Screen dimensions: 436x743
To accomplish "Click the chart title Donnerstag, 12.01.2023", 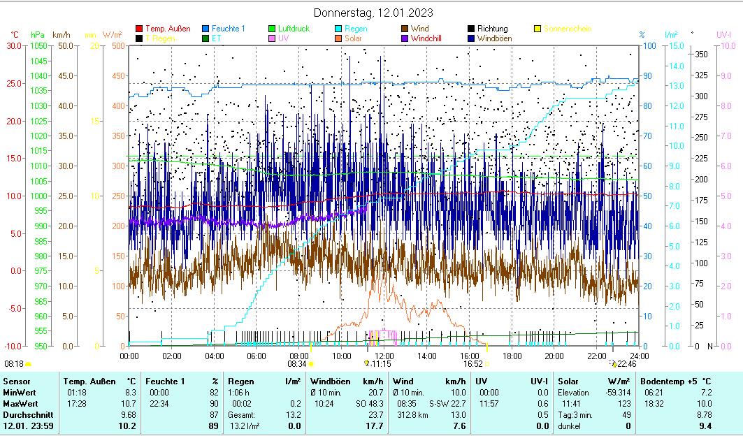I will pos(373,13).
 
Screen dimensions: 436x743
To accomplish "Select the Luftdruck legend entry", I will pos(294,29).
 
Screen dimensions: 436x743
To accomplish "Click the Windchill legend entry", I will pos(430,38).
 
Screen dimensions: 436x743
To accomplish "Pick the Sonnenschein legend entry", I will pos(567,29).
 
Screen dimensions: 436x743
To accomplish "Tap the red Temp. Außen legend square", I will pos(139,29).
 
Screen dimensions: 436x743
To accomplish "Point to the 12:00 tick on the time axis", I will pos(384,356).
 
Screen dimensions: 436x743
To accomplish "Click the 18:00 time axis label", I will pos(512,356).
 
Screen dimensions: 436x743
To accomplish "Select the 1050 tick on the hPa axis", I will pos(39,45).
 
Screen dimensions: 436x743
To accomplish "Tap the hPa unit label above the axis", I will pos(37,34).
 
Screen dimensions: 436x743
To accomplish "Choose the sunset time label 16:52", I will pos(473,363).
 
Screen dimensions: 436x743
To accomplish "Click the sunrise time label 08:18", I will pos(14,363).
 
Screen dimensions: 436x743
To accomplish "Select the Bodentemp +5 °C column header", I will pos(676,381).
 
